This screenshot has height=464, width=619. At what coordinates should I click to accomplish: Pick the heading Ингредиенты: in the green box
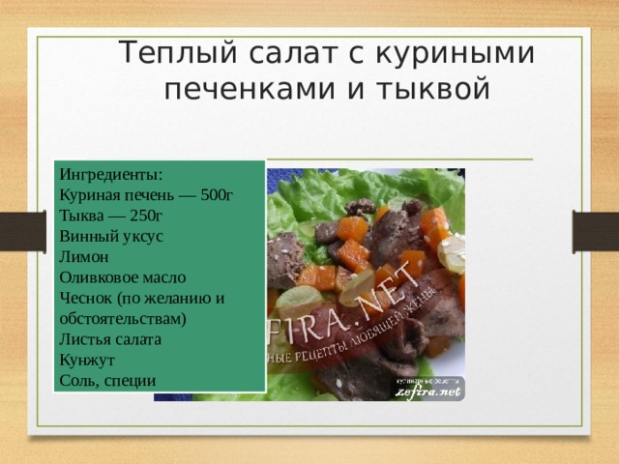tap(110, 175)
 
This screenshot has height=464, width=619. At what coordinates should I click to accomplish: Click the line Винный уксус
tap(110, 236)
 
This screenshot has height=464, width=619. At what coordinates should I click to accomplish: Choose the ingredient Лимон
tap(77, 257)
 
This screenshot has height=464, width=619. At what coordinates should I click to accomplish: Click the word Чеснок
tap(84, 298)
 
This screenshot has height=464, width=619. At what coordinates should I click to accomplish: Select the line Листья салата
tap(109, 339)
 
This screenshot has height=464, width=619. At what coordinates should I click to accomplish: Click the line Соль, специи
tap(106, 380)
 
